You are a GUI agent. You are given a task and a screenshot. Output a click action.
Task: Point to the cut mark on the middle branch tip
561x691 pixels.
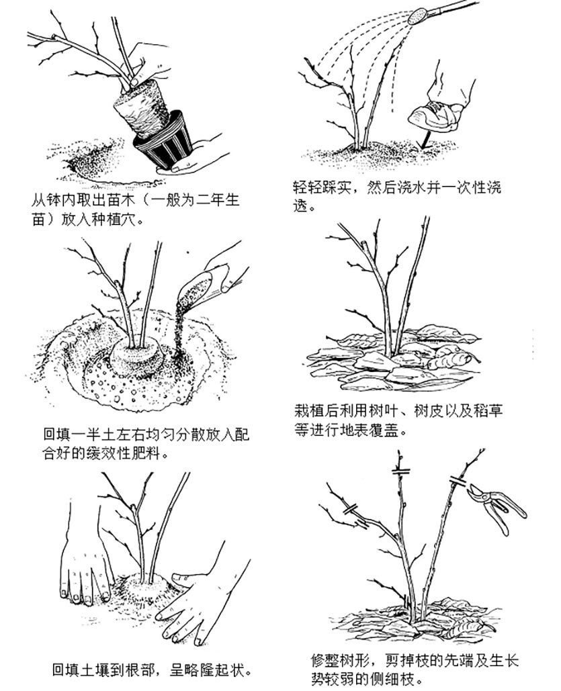pos(401,472)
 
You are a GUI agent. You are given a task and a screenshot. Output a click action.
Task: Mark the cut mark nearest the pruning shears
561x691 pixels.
pos(458,481)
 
